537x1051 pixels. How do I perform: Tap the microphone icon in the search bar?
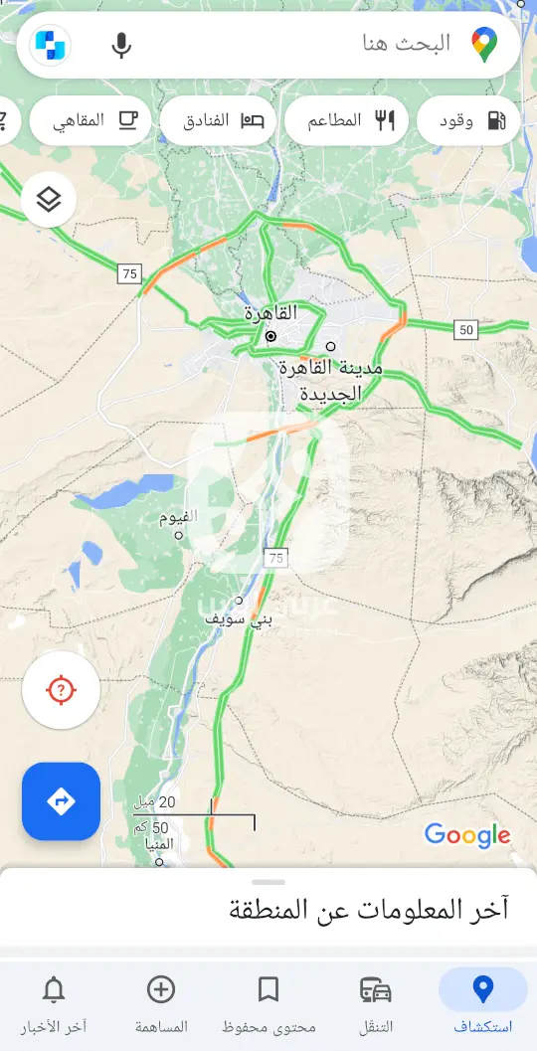(121, 45)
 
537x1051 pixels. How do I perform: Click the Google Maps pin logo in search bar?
(484, 45)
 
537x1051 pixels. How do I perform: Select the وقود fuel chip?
(468, 120)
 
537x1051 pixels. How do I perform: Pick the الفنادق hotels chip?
(218, 120)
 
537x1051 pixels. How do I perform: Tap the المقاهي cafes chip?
(90, 120)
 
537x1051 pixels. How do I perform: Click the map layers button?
(49, 200)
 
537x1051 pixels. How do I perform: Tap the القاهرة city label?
(271, 313)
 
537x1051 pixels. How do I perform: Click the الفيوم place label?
(179, 518)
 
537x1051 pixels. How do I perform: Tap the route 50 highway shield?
(466, 330)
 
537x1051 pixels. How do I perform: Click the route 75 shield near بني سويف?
(275, 558)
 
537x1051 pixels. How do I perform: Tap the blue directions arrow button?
(62, 801)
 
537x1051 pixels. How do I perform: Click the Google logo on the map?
(467, 835)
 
